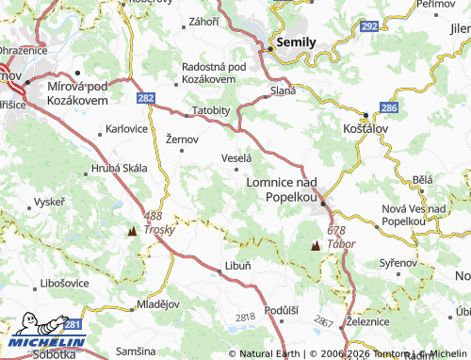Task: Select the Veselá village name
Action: point(235,158)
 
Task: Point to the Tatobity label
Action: point(211,110)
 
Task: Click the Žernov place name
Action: point(182,139)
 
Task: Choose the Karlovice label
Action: point(126,127)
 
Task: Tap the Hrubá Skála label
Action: point(120,168)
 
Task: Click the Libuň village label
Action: point(237,266)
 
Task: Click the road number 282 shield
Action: point(145,97)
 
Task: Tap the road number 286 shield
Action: point(391,109)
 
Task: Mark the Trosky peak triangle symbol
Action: point(131,229)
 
